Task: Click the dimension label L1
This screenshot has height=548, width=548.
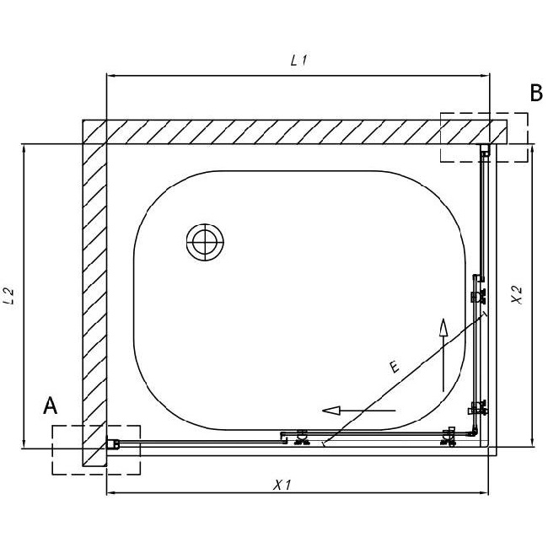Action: [298, 62]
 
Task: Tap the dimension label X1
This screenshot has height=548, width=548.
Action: [282, 485]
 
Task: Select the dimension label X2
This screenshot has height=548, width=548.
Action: [517, 294]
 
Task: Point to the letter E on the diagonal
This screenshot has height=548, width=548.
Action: [395, 367]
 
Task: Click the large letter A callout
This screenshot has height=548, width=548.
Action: [50, 406]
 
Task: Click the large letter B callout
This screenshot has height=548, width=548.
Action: [536, 93]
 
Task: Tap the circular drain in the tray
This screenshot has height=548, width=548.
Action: [205, 242]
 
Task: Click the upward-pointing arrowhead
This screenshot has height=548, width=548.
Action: [443, 327]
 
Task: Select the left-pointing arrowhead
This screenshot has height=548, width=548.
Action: [331, 410]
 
